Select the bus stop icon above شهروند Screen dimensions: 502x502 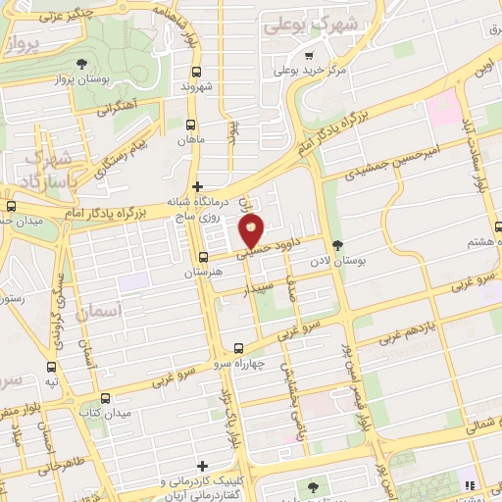pyautogui.click(x=197, y=72)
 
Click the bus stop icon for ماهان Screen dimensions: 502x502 pyautogui.click(x=190, y=125)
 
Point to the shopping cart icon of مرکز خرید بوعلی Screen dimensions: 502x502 pyautogui.click(x=310, y=56)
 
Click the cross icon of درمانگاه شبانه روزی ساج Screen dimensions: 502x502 pyautogui.click(x=197, y=185)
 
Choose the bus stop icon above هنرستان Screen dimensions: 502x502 pyautogui.click(x=203, y=257)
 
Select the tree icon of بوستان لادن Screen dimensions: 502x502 pyautogui.click(x=338, y=246)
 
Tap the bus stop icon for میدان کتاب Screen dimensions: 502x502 pyautogui.click(x=105, y=397)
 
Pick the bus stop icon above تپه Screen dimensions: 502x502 pyautogui.click(x=51, y=365)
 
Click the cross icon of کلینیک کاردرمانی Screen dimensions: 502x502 pyautogui.click(x=202, y=466)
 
